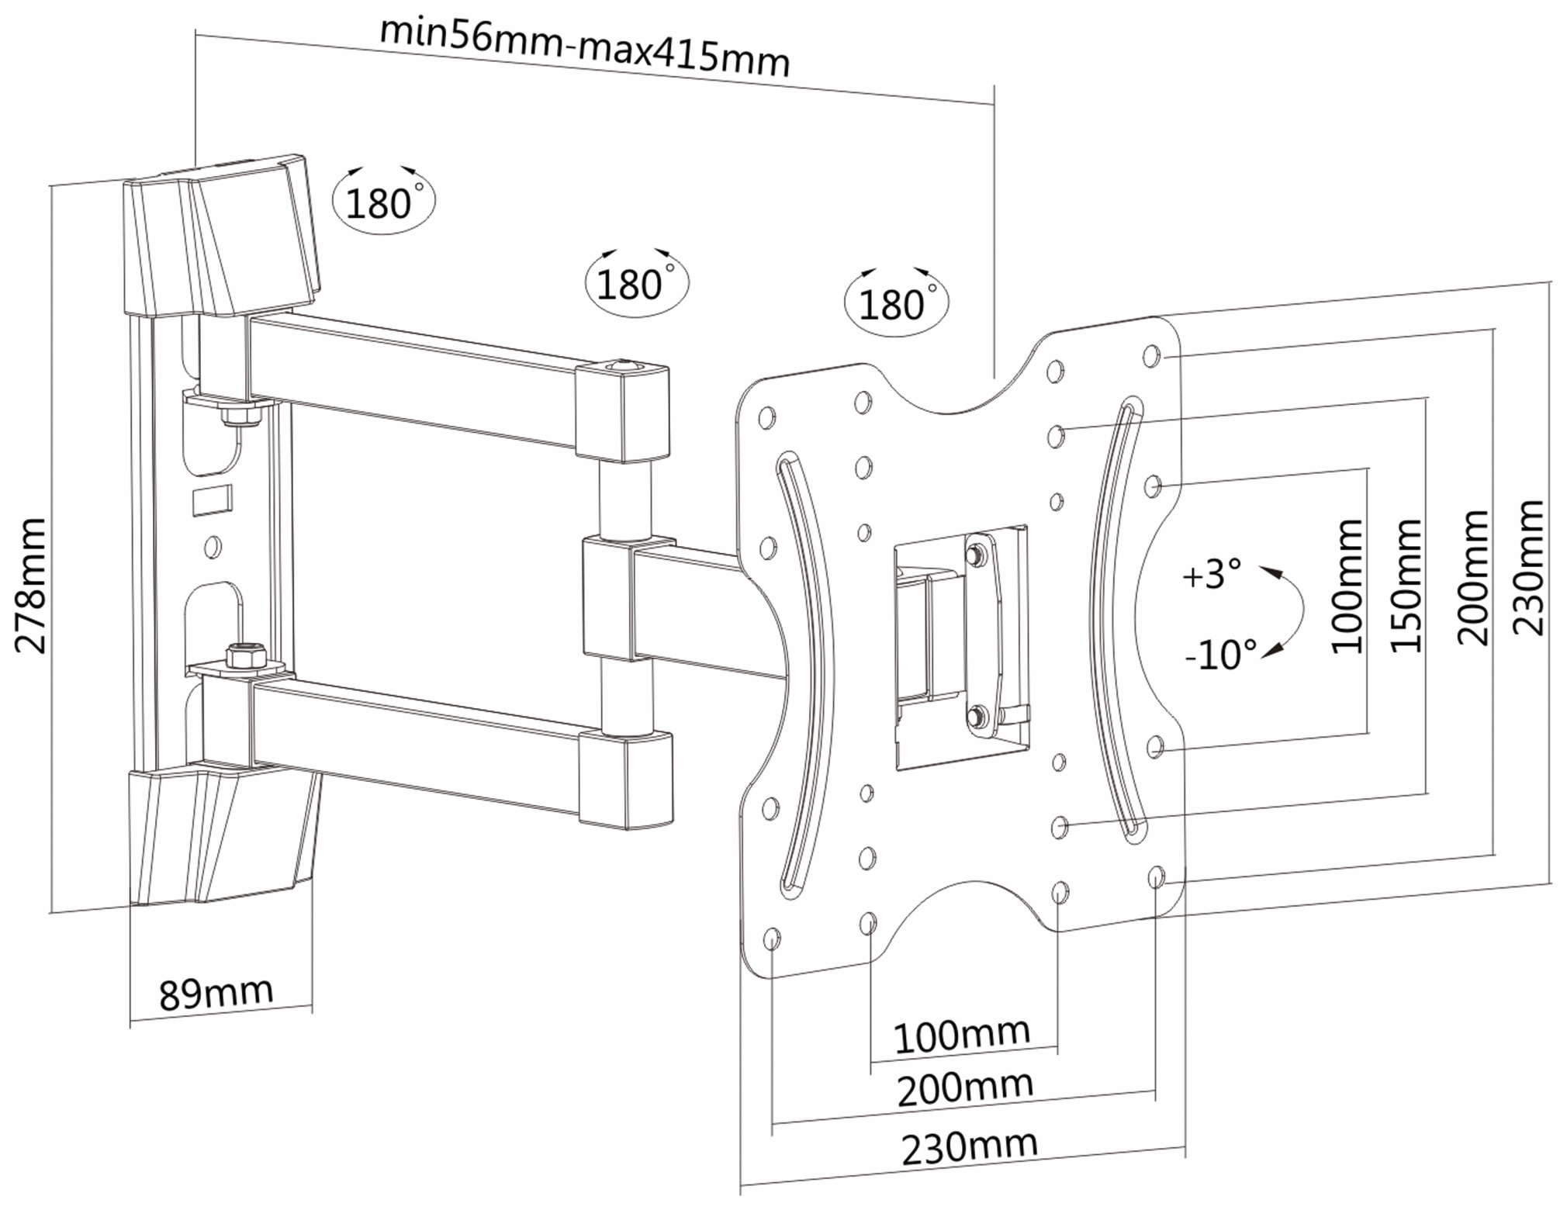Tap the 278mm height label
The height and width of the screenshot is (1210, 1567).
click(32, 586)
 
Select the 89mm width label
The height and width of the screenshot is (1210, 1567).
click(216, 992)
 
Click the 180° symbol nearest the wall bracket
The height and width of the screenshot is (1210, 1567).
click(383, 202)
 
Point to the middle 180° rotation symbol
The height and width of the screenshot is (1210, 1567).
click(635, 283)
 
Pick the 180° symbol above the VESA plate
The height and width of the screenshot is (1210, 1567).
click(895, 302)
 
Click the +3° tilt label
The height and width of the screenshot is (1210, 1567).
click(1211, 574)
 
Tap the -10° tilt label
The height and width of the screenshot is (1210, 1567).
click(1220, 655)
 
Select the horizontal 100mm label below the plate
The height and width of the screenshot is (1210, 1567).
click(962, 1035)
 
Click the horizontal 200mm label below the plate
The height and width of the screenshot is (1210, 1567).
click(965, 1088)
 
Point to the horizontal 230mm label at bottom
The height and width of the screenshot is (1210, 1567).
click(970, 1147)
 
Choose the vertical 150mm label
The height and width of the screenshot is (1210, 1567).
click(1406, 586)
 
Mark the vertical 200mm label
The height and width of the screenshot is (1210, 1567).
click(1472, 578)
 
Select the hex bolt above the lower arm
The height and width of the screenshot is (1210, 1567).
click(245, 655)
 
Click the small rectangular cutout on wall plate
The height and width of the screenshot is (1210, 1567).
click(212, 499)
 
